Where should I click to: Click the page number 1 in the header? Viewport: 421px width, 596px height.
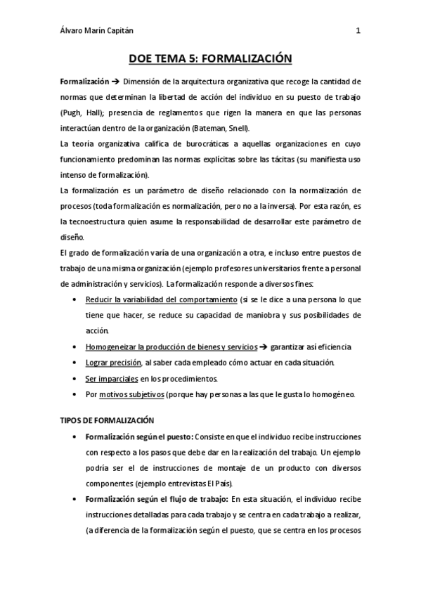click(x=358, y=30)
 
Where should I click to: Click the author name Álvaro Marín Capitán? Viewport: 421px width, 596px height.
click(x=98, y=30)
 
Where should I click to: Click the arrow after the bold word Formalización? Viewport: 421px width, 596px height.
click(x=115, y=82)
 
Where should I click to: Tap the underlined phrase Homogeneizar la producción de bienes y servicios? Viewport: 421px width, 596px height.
click(x=171, y=347)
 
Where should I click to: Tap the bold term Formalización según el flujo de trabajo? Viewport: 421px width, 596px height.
click(x=155, y=499)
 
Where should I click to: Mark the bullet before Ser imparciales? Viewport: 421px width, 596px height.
click(x=75, y=379)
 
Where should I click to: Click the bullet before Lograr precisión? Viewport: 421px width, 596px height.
click(x=75, y=363)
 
